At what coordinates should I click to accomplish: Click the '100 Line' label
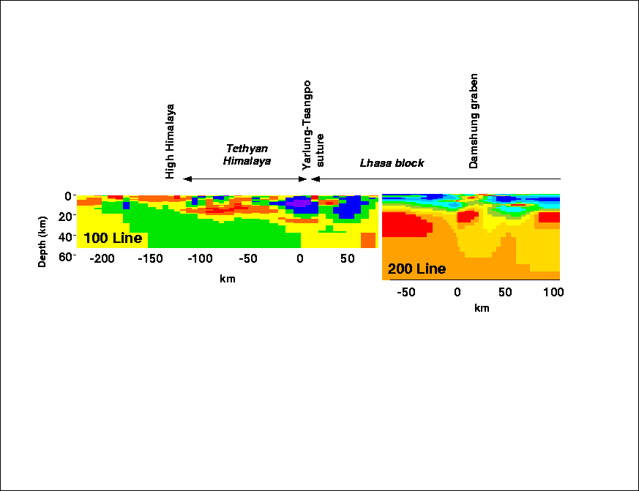pyautogui.click(x=113, y=239)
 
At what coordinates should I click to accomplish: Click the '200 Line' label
pyautogui.click(x=416, y=269)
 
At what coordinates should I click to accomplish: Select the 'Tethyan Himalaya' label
pyautogui.click(x=247, y=154)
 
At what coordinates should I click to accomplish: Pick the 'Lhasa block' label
pyautogui.click(x=392, y=163)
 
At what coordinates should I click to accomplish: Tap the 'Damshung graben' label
pyautogui.click(x=474, y=121)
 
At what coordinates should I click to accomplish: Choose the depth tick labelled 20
pyautogui.click(x=64, y=217)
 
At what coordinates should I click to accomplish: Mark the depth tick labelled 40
pyautogui.click(x=64, y=237)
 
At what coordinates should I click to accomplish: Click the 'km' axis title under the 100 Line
pyautogui.click(x=227, y=278)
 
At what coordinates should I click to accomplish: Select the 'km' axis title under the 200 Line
pyautogui.click(x=481, y=308)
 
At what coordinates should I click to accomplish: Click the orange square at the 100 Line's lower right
pyautogui.click(x=368, y=241)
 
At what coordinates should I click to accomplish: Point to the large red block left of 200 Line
pyautogui.click(x=405, y=224)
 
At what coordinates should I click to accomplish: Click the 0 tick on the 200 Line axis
pyautogui.click(x=457, y=292)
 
